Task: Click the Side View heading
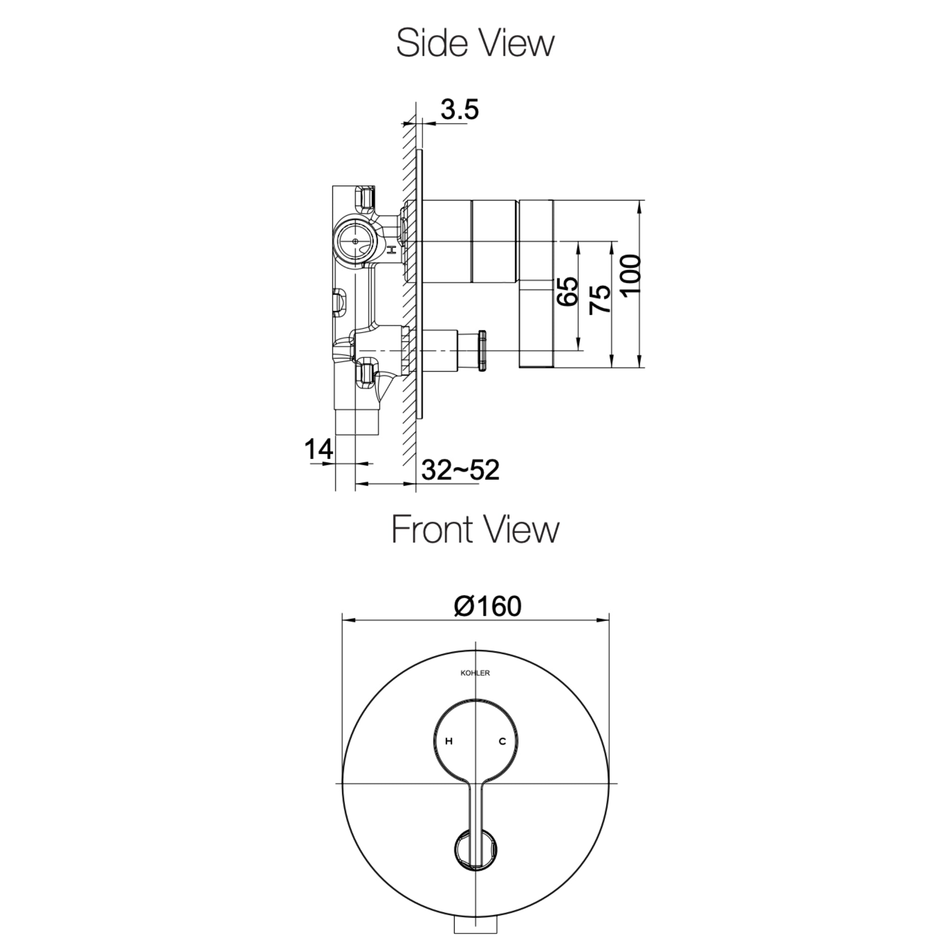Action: click(475, 43)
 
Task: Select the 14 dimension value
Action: click(319, 449)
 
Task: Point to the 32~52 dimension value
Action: click(460, 470)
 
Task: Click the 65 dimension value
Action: click(567, 292)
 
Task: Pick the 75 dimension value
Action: click(600, 299)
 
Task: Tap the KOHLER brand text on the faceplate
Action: click(475, 673)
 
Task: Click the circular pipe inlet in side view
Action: click(355, 242)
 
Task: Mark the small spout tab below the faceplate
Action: click(475, 942)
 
